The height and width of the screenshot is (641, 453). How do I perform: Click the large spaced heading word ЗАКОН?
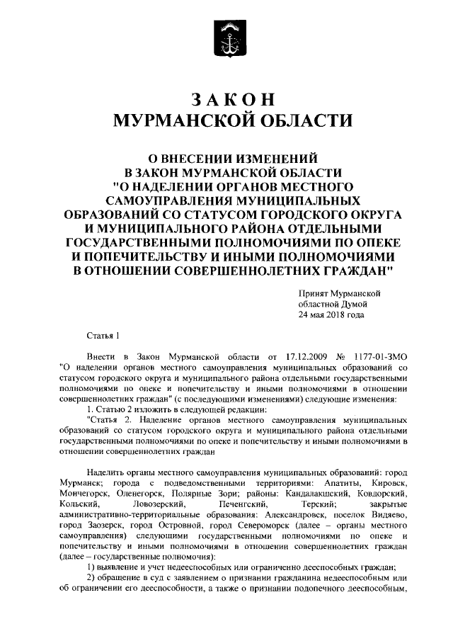coord(226,98)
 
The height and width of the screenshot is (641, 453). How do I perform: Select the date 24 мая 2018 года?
coord(331,314)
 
